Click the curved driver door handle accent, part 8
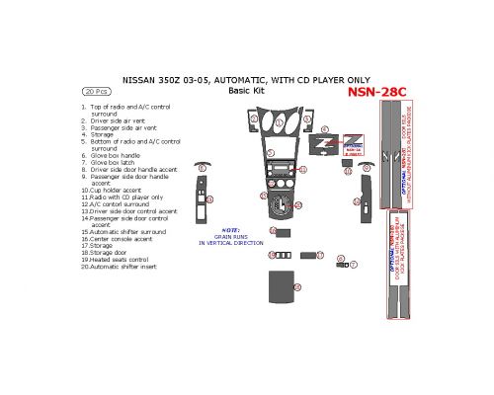point(205,165)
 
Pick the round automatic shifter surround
point(282,208)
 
